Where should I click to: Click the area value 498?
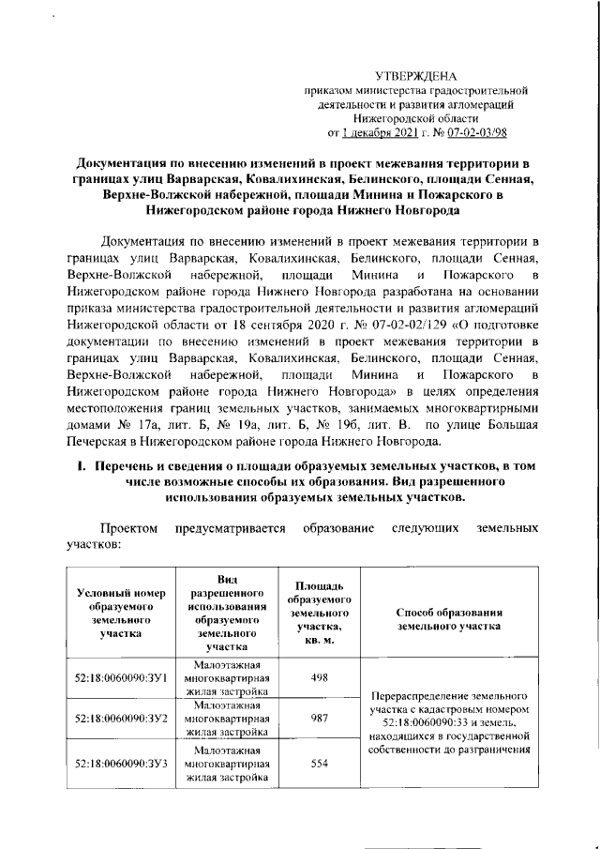tap(319, 676)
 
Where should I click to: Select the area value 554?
tap(319, 764)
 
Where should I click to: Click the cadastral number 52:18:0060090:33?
tap(422, 724)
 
